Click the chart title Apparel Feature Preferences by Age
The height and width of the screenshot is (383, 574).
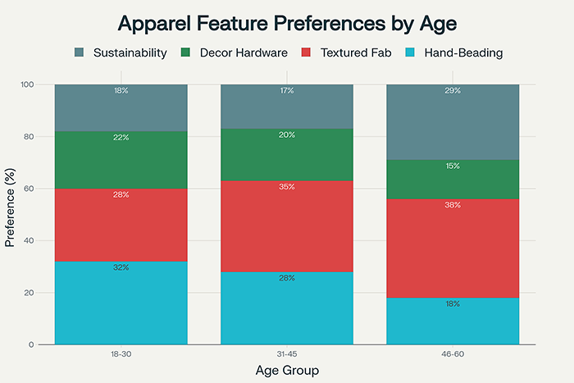[287, 22]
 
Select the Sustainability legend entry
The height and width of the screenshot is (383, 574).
[122, 52]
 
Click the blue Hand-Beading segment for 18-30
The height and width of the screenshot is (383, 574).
[121, 303]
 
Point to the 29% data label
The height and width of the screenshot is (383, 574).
[452, 91]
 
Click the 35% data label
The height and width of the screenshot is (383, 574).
[286, 188]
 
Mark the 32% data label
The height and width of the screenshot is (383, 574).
[121, 267]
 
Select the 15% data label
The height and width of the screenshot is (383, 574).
[452, 166]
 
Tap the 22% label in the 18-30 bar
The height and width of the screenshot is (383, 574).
[121, 138]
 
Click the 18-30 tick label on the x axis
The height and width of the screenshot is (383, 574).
[121, 354]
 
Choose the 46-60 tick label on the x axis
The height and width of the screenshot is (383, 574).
[452, 354]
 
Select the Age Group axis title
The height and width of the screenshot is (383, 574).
[286, 370]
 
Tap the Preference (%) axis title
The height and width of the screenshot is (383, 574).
[11, 214]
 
